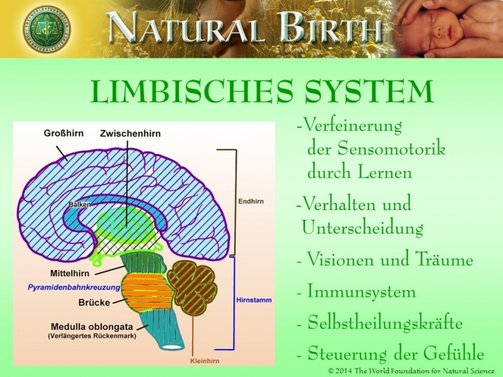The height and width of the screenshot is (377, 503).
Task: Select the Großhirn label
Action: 61,133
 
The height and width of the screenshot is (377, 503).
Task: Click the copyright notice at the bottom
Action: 411,371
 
